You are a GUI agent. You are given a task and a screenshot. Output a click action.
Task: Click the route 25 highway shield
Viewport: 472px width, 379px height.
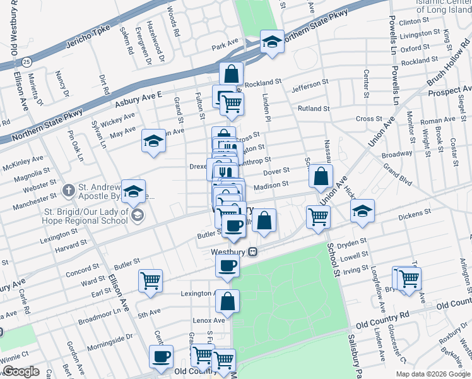[26, 62]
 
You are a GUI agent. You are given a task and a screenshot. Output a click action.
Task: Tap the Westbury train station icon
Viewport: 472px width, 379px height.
[253, 251]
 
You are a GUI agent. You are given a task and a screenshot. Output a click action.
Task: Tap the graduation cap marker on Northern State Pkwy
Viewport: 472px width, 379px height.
[272, 43]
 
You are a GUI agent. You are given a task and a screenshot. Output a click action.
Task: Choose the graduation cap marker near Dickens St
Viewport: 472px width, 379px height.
[362, 212]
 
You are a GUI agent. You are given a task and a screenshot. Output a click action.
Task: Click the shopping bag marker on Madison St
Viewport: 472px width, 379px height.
[321, 177]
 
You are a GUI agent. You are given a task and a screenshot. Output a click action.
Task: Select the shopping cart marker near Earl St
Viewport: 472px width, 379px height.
[150, 281]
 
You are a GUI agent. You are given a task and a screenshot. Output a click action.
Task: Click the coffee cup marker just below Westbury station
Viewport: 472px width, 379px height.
[227, 265]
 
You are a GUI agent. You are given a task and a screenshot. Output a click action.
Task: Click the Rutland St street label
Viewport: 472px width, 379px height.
[310, 109]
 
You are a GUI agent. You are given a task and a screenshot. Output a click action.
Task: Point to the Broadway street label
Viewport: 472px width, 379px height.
[397, 154]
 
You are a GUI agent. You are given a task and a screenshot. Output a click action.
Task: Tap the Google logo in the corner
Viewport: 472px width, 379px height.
[21, 371]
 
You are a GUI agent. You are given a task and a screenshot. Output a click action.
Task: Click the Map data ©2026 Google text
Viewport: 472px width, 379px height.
[433, 374]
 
